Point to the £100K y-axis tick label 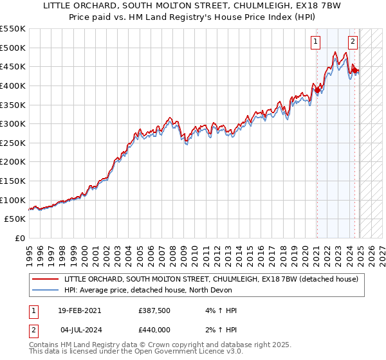[x=13, y=200]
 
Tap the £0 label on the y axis [x=19, y=239]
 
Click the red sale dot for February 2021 [x=317, y=91]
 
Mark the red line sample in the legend [x=45, y=280]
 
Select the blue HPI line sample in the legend [x=45, y=291]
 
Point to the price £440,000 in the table [x=153, y=330]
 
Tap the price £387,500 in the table [x=153, y=310]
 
